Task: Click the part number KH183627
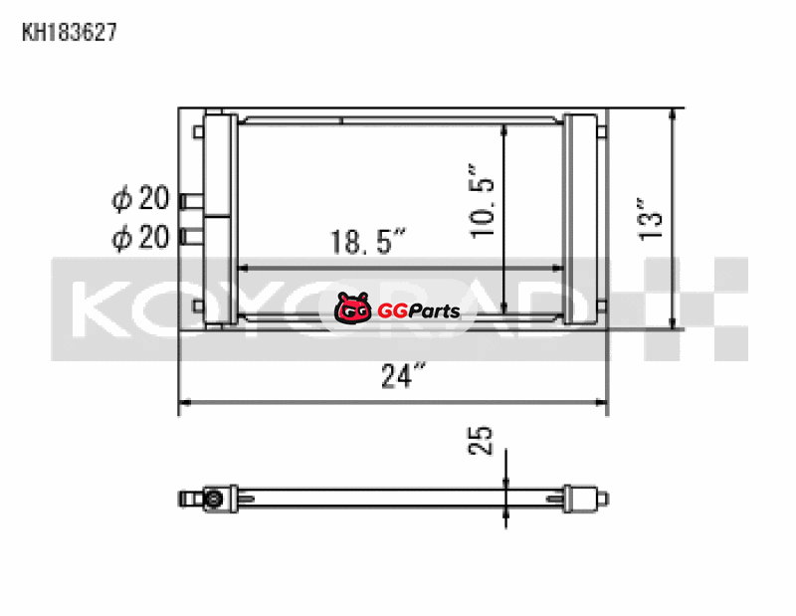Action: pos(70,32)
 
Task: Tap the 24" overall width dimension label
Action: pos(403,375)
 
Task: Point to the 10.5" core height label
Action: pos(482,201)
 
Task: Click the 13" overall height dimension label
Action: pos(651,219)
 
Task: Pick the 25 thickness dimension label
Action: pos(480,440)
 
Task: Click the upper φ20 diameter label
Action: pos(140,198)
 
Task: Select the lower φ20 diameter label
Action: pos(140,237)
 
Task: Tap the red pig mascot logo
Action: pos(353,308)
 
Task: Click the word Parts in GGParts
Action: pos(434,310)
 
